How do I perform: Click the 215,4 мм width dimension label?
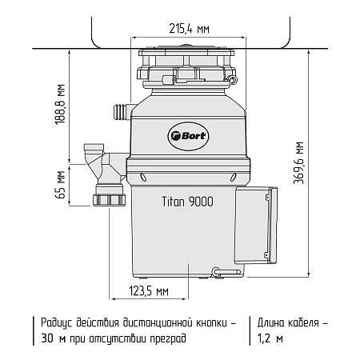click(x=189, y=28)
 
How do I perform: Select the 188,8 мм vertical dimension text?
click(x=60, y=104)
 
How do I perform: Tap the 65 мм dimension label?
click(x=60, y=185)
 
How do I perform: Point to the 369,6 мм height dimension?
click(x=298, y=163)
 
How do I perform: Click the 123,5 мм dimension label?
click(x=149, y=291)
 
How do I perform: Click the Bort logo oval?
click(x=188, y=136)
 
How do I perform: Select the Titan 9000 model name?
click(x=187, y=202)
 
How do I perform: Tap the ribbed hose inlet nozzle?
click(x=121, y=112)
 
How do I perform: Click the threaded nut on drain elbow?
click(x=109, y=200)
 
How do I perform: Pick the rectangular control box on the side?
click(x=256, y=226)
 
